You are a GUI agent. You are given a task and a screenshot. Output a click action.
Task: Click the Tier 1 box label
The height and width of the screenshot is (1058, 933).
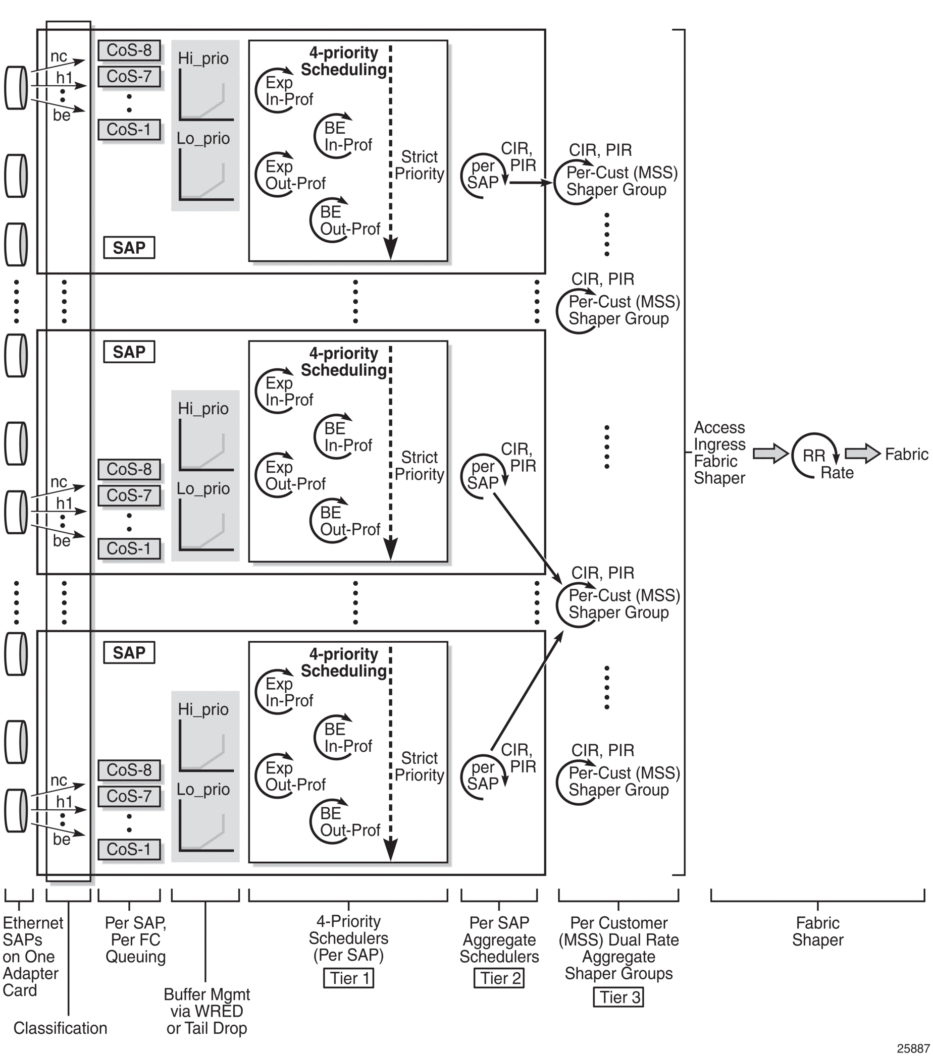tap(349, 978)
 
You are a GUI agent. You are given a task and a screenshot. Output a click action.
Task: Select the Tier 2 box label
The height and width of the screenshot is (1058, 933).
tap(499, 978)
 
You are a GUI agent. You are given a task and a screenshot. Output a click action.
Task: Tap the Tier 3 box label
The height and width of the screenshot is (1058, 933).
tap(618, 997)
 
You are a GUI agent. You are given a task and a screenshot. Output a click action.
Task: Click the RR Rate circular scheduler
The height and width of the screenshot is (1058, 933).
tap(814, 456)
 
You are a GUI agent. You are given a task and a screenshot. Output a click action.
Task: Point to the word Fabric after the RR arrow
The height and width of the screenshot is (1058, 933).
tap(906, 455)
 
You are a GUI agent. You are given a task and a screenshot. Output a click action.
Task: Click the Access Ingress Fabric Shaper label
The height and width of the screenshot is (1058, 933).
tap(719, 453)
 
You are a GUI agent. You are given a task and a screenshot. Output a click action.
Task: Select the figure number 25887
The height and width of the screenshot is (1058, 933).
tap(913, 1049)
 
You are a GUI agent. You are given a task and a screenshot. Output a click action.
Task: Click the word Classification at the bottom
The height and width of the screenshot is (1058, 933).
tap(60, 1028)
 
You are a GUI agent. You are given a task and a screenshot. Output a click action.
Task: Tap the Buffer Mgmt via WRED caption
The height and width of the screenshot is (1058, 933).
tap(206, 1011)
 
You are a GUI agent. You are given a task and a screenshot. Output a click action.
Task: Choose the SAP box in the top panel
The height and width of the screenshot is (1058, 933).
tap(129, 247)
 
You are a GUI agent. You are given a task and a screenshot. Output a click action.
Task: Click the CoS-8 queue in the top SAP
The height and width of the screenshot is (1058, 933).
tap(129, 50)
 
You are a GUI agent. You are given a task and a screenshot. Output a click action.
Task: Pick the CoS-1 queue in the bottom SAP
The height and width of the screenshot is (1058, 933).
tap(129, 850)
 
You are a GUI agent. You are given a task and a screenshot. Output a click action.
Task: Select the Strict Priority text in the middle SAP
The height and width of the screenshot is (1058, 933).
tap(419, 466)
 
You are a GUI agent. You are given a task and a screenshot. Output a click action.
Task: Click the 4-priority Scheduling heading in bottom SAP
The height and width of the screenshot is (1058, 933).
tap(344, 662)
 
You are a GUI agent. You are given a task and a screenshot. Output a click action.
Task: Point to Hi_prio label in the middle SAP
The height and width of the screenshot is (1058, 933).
tap(203, 409)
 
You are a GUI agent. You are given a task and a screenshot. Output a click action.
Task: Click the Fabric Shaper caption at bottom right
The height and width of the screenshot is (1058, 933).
tap(817, 931)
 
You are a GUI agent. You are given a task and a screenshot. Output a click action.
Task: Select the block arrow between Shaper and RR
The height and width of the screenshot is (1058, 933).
tap(769, 454)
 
